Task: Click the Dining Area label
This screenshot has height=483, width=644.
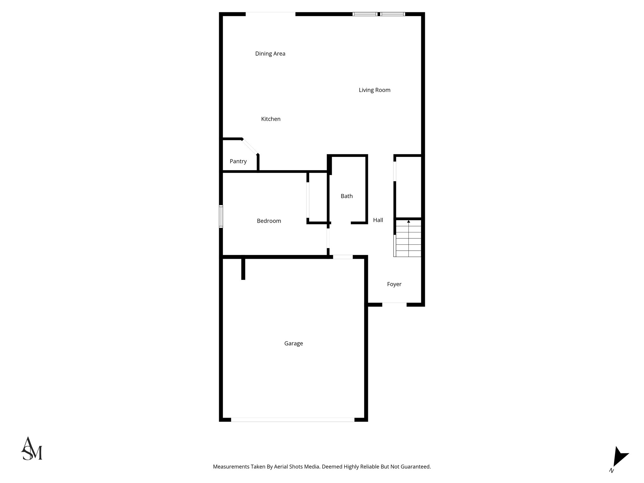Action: click(270, 54)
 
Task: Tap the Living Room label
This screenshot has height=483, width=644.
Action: click(375, 90)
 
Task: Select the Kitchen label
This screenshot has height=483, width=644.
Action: click(271, 119)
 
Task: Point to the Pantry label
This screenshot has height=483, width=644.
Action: click(238, 162)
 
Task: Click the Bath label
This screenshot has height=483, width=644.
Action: click(347, 196)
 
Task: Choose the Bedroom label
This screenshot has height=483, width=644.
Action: click(269, 221)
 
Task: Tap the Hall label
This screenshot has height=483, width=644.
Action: click(378, 220)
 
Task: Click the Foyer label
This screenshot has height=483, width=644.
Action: click(394, 284)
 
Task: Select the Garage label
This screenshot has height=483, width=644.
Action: click(293, 344)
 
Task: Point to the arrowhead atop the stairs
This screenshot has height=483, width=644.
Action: click(408, 222)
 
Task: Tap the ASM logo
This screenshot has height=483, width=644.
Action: click(31, 449)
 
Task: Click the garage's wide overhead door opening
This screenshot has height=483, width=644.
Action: click(292, 419)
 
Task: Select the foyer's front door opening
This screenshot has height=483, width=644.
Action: click(394, 304)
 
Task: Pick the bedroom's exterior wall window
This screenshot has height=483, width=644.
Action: click(221, 216)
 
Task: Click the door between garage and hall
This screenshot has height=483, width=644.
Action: click(343, 257)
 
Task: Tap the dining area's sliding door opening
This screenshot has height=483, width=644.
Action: click(270, 14)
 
